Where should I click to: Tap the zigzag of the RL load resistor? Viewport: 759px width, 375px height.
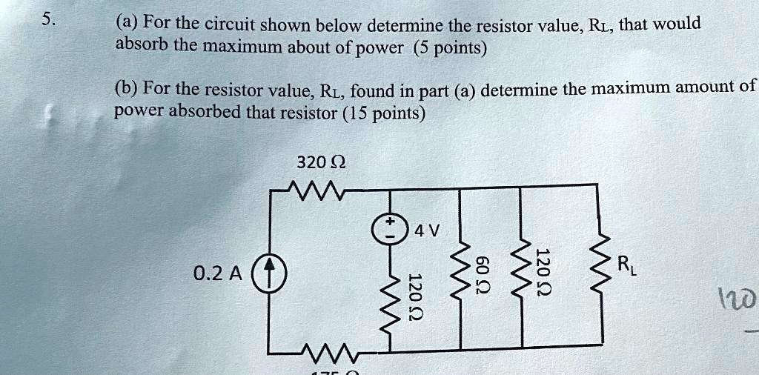click(x=599, y=263)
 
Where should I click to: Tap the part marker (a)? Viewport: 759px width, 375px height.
click(x=127, y=24)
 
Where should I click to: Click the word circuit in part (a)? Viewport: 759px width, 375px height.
click(x=231, y=26)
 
